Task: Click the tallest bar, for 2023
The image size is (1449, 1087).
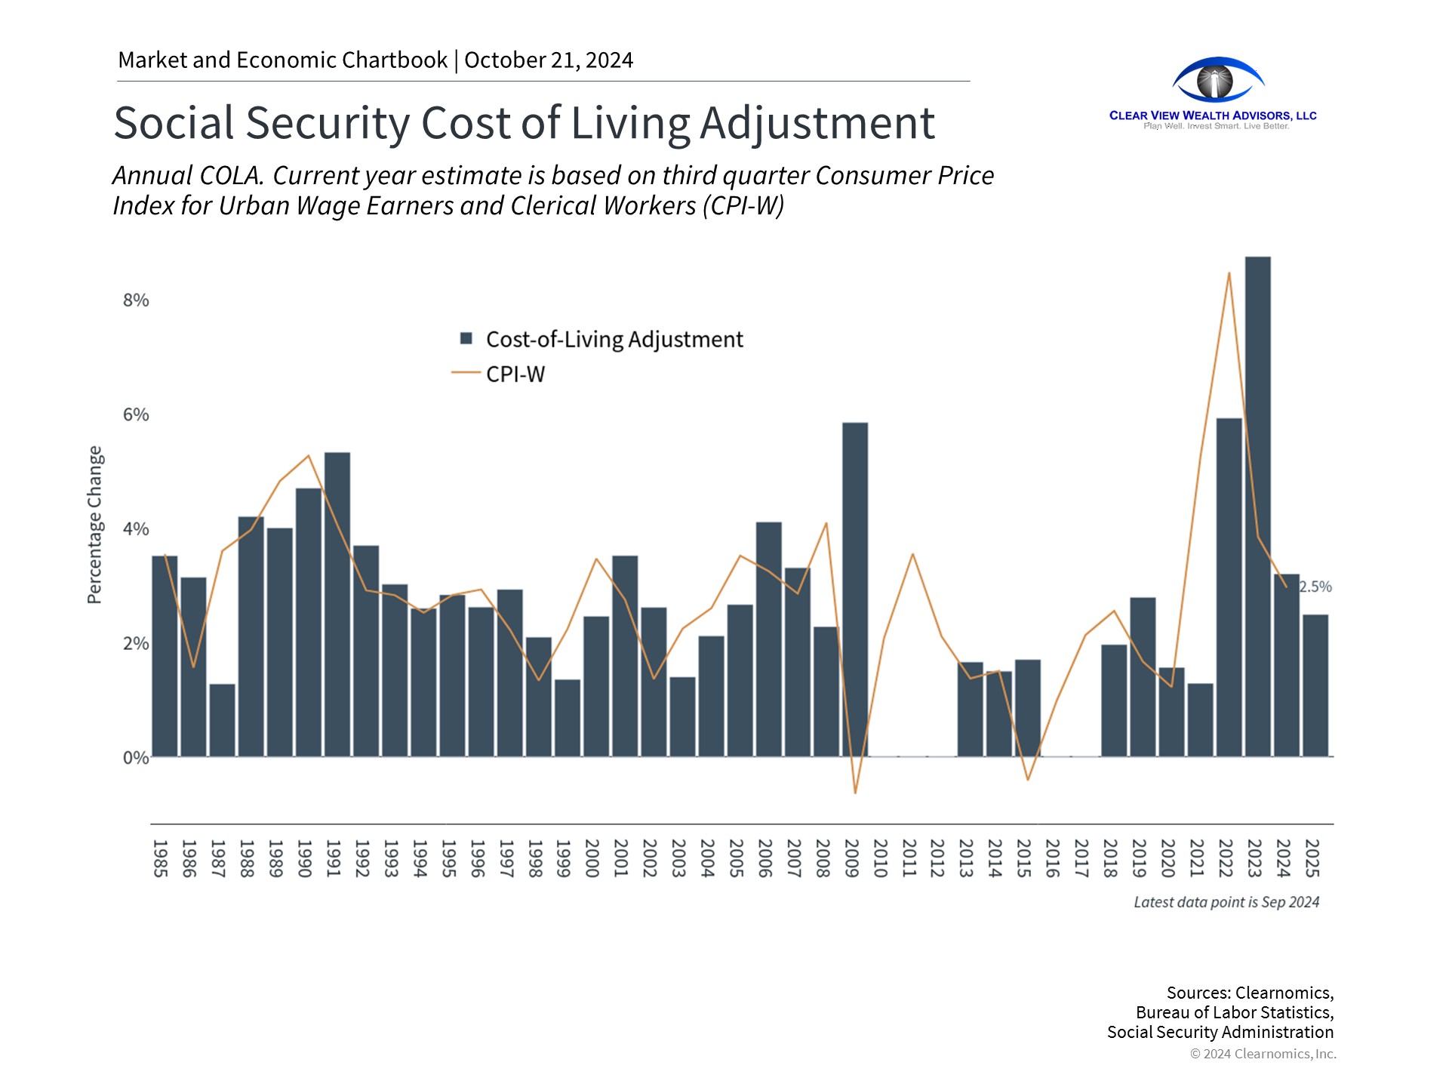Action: (x=1257, y=506)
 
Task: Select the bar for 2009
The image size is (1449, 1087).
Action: (x=855, y=589)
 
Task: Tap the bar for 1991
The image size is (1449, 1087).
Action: (x=337, y=604)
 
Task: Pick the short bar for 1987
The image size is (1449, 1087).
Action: (x=222, y=720)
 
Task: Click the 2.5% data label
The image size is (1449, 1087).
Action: (x=1315, y=587)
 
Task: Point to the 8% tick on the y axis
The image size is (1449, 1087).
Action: (x=136, y=300)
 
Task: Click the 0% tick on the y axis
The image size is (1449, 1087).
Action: (x=136, y=758)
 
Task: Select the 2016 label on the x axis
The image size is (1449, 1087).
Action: (x=1053, y=858)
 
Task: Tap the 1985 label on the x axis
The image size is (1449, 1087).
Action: (x=160, y=858)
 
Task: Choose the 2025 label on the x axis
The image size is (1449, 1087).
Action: (x=1312, y=858)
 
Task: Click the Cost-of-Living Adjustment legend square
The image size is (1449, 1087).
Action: (x=466, y=338)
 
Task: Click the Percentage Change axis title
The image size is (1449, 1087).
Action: (x=94, y=525)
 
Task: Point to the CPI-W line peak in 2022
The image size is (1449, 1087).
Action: (x=1229, y=273)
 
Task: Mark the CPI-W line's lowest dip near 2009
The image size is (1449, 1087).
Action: (x=855, y=793)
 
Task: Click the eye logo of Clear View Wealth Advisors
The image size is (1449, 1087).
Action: (x=1217, y=80)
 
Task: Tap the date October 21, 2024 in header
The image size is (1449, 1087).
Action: (x=549, y=60)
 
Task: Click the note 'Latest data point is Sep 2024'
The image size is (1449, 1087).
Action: (x=1226, y=902)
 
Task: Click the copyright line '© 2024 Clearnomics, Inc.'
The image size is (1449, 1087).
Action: (x=1263, y=1054)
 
